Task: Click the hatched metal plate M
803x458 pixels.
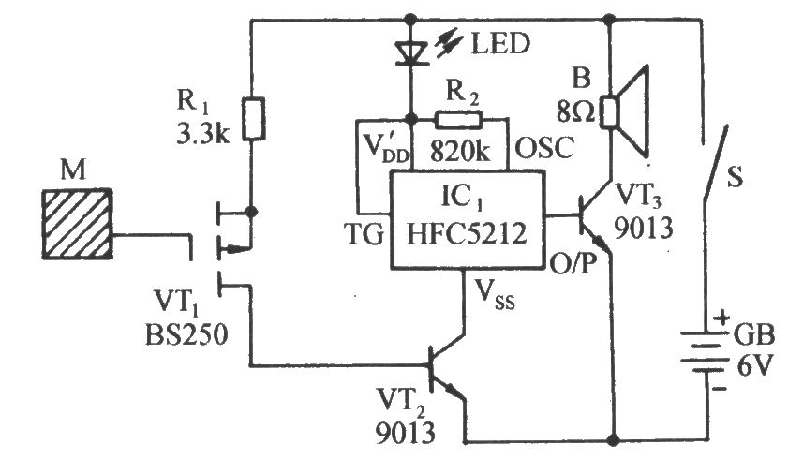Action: click(78, 224)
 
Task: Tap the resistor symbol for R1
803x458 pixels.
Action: click(254, 119)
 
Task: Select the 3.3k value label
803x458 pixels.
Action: click(203, 133)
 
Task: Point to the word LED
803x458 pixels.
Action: click(500, 43)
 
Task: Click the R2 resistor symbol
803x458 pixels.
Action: click(458, 120)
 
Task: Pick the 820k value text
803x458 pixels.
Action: click(460, 152)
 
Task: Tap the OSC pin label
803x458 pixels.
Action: click(544, 148)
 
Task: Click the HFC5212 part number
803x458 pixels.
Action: click(467, 234)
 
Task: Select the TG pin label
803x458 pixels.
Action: click(364, 234)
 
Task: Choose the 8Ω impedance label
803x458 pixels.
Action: click(576, 111)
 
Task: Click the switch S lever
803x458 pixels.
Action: click(716, 162)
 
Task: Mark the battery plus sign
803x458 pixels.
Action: click(721, 318)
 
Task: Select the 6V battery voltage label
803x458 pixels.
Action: click(753, 365)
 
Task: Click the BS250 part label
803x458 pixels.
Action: click(186, 336)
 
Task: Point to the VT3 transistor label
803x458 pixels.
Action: click(638, 196)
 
